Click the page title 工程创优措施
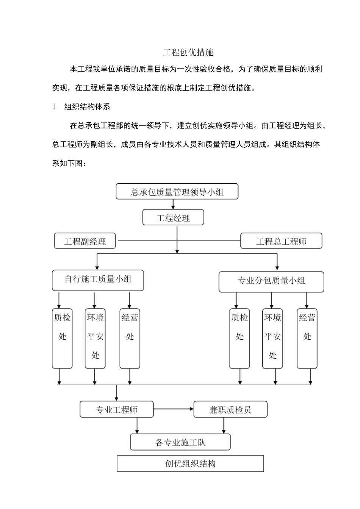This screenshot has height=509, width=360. [188, 52]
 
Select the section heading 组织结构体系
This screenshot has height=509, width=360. [87, 107]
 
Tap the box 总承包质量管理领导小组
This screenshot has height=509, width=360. [177, 192]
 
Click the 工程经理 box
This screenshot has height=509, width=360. [173, 218]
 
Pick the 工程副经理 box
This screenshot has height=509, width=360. [85, 241]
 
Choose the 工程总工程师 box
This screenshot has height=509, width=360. [281, 241]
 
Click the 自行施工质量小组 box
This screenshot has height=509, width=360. [98, 280]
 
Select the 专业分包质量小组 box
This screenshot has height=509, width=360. [271, 281]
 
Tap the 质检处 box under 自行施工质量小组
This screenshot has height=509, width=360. [62, 338]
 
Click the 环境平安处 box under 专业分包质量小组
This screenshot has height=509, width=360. [272, 338]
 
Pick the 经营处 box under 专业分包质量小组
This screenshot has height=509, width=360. [307, 338]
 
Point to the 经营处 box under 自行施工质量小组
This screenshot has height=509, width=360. [130, 338]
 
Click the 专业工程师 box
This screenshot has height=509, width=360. [117, 409]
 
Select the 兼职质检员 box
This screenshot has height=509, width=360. [230, 409]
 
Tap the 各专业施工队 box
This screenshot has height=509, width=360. [180, 442]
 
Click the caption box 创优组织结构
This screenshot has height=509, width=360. [190, 464]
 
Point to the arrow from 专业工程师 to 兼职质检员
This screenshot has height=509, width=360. [174, 409]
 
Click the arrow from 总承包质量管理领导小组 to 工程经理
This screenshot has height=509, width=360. [173, 204]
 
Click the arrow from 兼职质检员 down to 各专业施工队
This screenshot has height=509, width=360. [224, 426]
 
